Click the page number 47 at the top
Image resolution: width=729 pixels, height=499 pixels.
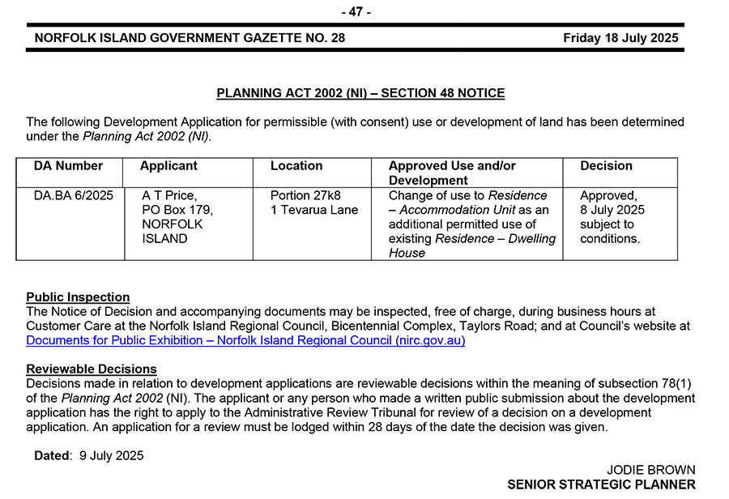[x=356, y=11]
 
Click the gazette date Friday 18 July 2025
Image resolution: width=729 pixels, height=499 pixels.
[x=620, y=38]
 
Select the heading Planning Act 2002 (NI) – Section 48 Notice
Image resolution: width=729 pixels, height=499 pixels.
[x=360, y=93]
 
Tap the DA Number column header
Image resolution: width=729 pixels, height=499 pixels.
[x=68, y=166]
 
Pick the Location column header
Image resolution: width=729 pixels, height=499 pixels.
[x=296, y=166]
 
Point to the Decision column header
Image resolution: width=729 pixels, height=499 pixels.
[x=606, y=166]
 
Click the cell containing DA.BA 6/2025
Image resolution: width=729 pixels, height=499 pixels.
[x=74, y=195]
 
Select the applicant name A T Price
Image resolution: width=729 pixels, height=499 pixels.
[x=169, y=195]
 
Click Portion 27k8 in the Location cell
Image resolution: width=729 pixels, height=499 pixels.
[x=305, y=195]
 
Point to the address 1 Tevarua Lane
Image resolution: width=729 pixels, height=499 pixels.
[x=314, y=210]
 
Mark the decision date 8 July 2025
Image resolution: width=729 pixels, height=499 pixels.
[x=612, y=210]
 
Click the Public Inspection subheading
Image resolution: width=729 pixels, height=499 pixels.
[x=78, y=297]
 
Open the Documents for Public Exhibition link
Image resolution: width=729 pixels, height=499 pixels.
[x=245, y=341]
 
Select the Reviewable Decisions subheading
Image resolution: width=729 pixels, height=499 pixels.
[x=92, y=369]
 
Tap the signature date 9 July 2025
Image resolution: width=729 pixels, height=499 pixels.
[x=112, y=456]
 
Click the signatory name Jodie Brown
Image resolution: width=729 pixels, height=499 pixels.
[x=650, y=470]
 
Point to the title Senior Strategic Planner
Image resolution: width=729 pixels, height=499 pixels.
[x=601, y=484]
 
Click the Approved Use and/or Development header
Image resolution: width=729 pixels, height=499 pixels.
[x=452, y=173]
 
